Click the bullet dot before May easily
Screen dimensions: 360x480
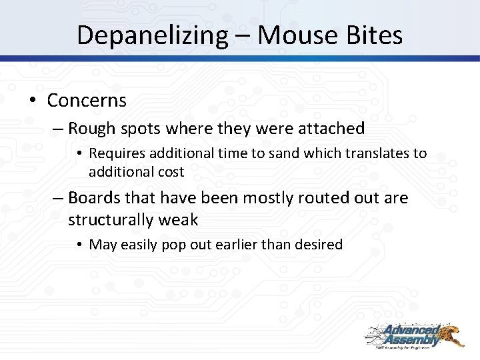[x=81, y=245]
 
